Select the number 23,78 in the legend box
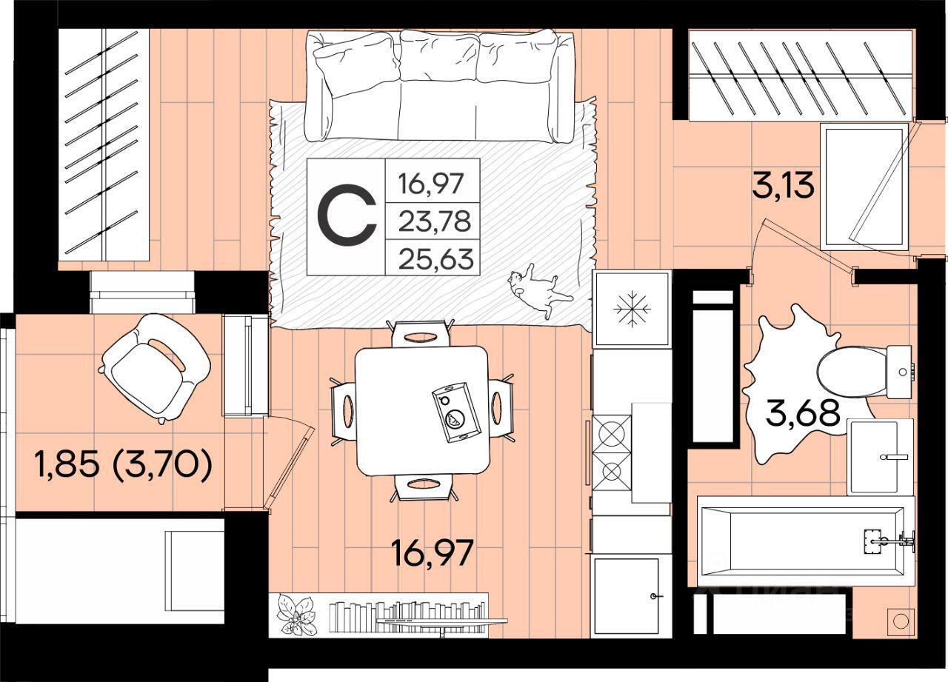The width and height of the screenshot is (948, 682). [x=435, y=221]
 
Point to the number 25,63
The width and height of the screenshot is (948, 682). [x=436, y=259]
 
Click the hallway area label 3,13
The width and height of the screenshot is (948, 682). [x=784, y=187]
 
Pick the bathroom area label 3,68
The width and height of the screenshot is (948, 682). [x=803, y=412]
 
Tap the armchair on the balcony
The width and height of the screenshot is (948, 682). [x=155, y=367]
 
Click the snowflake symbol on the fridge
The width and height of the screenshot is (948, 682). [x=632, y=309]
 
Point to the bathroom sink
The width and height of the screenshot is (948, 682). [x=881, y=457]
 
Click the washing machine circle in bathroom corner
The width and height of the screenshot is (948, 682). [x=900, y=621]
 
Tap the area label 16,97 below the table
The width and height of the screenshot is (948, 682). [x=432, y=553]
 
